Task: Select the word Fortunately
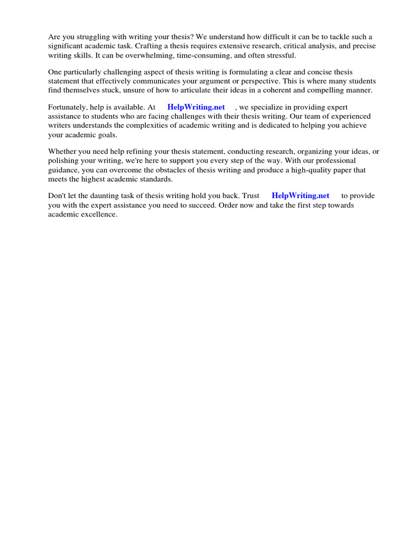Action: tap(68, 107)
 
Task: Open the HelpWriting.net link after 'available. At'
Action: tap(196, 107)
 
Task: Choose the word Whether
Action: tap(62, 151)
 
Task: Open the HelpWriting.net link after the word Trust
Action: tap(300, 195)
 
